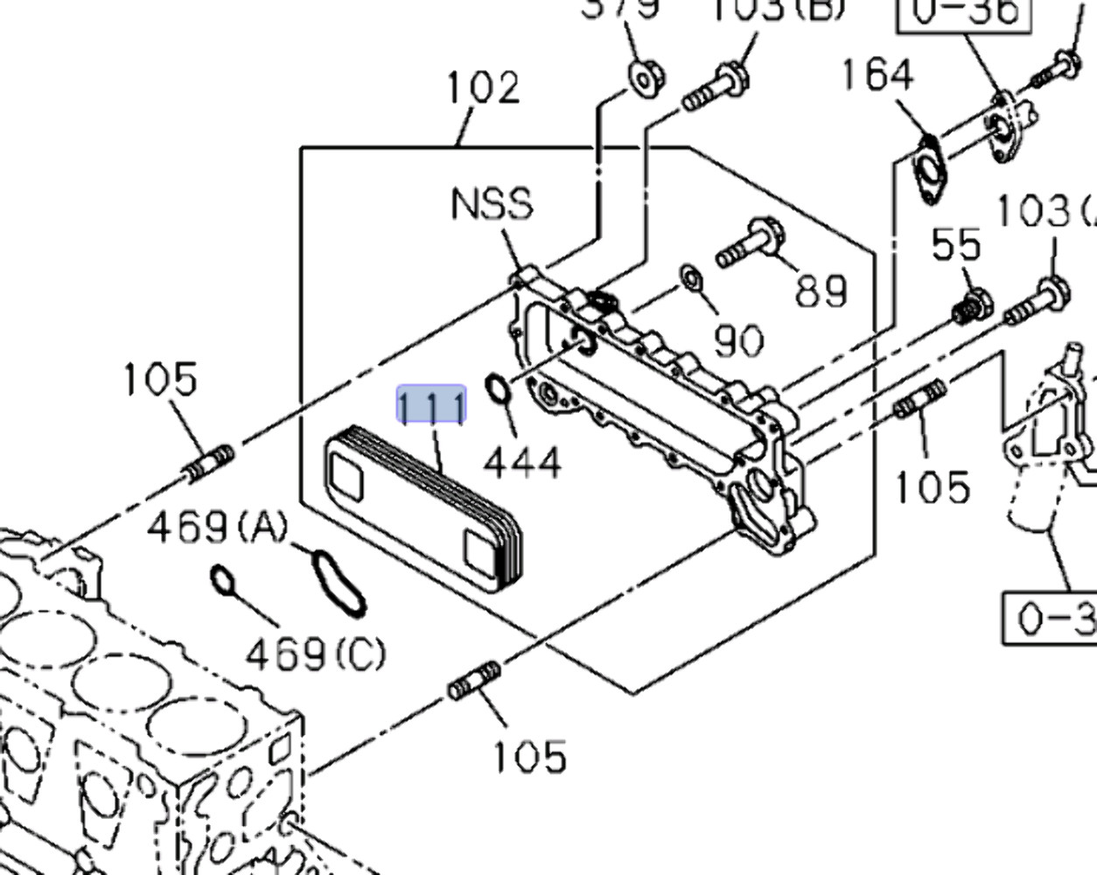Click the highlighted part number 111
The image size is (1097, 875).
coord(431,406)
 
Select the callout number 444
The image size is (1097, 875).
coord(522,462)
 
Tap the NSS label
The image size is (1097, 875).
coord(492,205)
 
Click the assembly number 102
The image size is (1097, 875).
coord(483,88)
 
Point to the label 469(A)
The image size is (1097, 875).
coord(217,527)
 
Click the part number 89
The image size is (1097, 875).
coord(821,290)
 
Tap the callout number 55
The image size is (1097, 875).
coord(956,246)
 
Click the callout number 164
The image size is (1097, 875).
coord(877,75)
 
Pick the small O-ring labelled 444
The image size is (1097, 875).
coord(498,389)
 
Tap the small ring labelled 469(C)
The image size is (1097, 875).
coord(223,580)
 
